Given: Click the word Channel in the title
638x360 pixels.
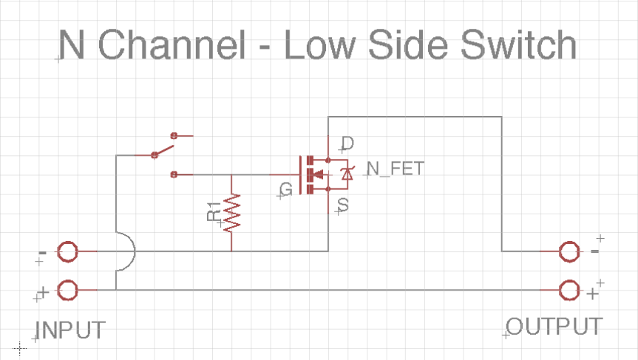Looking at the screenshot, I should click(x=171, y=46).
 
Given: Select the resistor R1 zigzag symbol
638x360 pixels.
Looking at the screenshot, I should click(x=232, y=212).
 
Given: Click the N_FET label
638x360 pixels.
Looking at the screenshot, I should click(x=396, y=169).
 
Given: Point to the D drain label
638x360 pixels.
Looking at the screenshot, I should click(x=347, y=143).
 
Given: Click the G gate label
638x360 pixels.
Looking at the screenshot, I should click(x=287, y=190).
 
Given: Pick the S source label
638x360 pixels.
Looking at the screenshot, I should click(x=343, y=203).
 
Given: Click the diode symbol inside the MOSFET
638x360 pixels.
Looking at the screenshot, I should click(x=345, y=174).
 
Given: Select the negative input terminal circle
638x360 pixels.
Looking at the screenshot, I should click(x=67, y=252).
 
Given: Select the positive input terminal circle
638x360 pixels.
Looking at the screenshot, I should click(x=67, y=290).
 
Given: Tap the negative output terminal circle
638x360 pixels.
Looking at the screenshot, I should click(x=569, y=252).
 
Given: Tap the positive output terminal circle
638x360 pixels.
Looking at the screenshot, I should click(x=569, y=290).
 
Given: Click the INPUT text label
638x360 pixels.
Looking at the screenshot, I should click(x=71, y=330).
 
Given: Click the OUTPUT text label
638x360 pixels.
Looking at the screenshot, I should click(x=554, y=326).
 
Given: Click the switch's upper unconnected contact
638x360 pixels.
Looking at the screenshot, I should click(x=174, y=136).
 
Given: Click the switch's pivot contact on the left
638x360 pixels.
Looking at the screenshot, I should click(x=155, y=155).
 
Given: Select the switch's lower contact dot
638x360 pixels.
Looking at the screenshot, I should click(x=174, y=174).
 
